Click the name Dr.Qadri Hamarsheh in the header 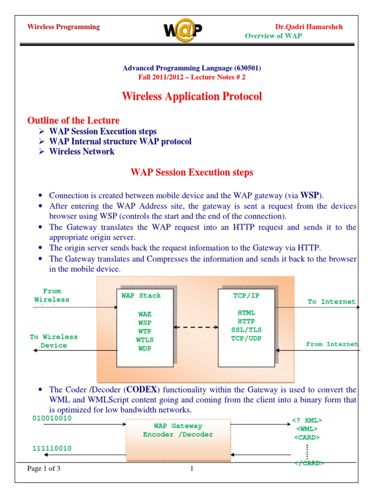point(309,27)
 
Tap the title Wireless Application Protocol point(192,96)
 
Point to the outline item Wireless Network point(82,151)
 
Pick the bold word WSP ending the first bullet point(310,195)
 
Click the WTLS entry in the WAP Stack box point(145,340)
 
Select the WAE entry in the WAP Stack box point(145,314)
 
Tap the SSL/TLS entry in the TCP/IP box point(247,330)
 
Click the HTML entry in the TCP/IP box point(247,312)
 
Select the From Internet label point(332,344)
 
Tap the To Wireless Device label point(53,341)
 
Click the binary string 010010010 point(51,418)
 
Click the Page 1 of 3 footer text point(44,469)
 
